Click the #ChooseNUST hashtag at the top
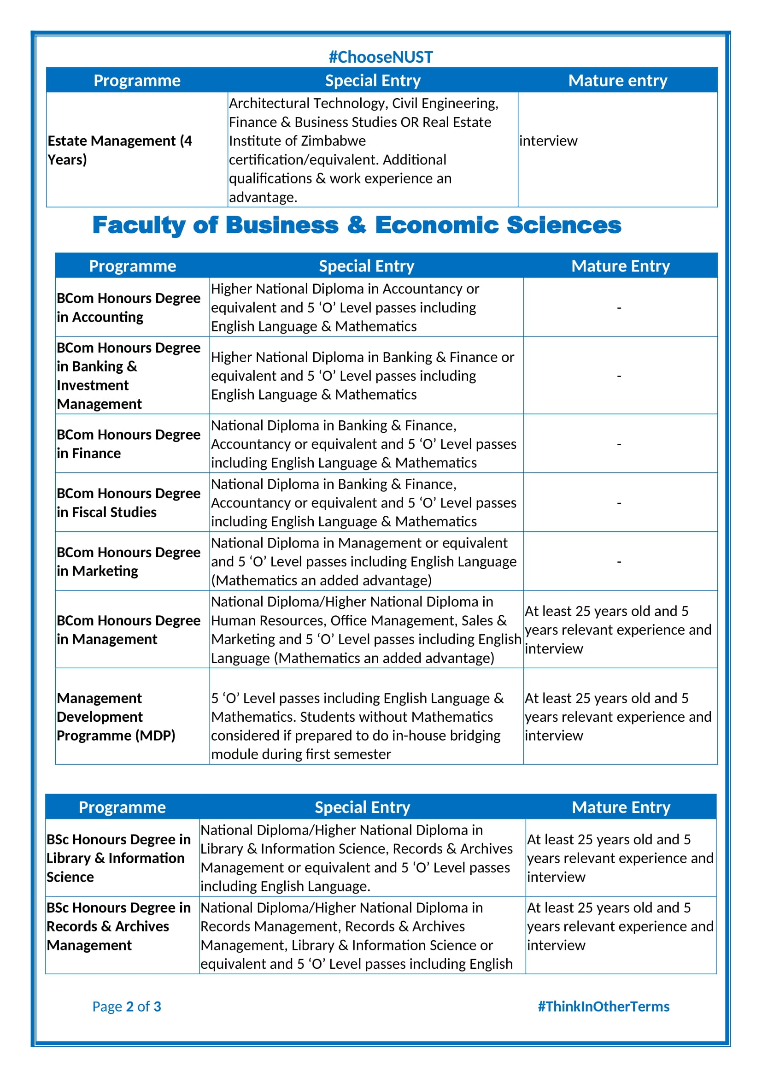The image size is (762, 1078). (x=381, y=57)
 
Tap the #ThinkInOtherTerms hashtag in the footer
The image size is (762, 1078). (x=604, y=1006)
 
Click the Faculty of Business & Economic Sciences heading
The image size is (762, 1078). (x=357, y=225)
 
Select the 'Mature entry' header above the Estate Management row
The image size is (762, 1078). (x=617, y=80)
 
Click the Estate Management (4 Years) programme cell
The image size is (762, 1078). (x=120, y=150)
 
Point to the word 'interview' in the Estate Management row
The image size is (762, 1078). (x=548, y=141)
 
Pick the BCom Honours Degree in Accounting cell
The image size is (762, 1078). (x=128, y=307)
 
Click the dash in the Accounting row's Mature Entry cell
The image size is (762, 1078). (x=619, y=308)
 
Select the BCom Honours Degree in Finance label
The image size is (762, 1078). (x=128, y=444)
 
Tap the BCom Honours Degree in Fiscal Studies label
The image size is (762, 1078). (x=128, y=502)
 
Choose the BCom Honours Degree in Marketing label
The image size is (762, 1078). (x=128, y=561)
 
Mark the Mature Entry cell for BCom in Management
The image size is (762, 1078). (x=618, y=630)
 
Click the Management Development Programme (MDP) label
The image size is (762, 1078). (x=116, y=717)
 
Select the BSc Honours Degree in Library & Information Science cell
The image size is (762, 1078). (x=119, y=858)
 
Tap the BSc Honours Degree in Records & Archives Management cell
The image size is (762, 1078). (x=119, y=926)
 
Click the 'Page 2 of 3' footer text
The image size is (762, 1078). (x=127, y=1006)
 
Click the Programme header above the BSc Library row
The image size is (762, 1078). (x=122, y=807)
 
